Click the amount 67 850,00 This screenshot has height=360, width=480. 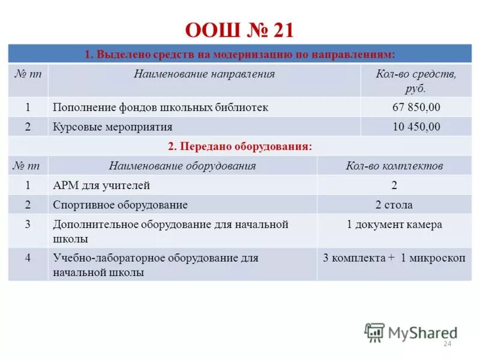tap(416, 107)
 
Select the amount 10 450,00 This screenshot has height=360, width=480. tap(416, 127)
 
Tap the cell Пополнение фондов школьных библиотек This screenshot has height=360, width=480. tap(160, 107)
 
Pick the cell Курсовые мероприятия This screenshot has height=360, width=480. tap(113, 127)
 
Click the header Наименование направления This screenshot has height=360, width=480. tap(204, 74)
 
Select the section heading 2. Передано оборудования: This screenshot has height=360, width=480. tap(239, 146)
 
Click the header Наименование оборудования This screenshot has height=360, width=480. tap(182, 166)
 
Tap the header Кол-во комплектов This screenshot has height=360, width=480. tap(394, 166)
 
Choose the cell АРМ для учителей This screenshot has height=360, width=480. tap(101, 185)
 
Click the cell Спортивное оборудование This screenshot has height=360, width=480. tap(120, 205)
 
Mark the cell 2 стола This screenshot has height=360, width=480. tap(394, 205)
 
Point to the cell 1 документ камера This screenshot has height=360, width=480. tap(394, 224)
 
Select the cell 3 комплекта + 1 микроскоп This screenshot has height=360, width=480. tap(394, 258)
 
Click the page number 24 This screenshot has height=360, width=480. tap(446, 344)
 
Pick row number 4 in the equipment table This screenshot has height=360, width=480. tap(28, 258)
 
